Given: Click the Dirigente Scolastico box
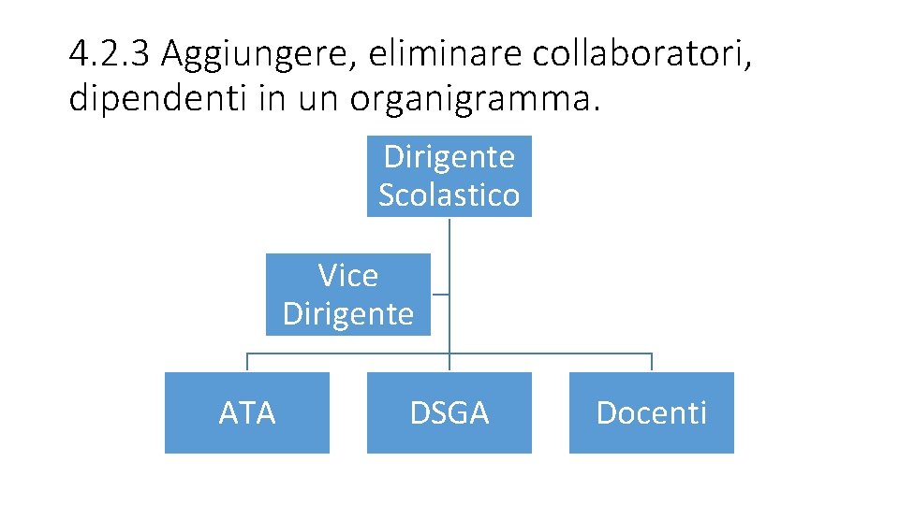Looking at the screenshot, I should tap(449, 176).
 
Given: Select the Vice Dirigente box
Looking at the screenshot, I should tap(347, 294).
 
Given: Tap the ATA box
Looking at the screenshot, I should tap(247, 412).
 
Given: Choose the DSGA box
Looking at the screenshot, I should tap(449, 412).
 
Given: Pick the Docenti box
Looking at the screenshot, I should tap(651, 412).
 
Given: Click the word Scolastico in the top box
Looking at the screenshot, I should tap(449, 195).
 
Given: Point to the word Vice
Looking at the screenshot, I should tap(347, 276).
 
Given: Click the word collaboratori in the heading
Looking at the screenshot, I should tap(641, 55).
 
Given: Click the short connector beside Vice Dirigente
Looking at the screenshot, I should tap(440, 295).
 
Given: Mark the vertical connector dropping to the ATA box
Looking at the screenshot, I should tap(247, 363).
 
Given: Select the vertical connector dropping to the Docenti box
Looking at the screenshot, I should tap(651, 363).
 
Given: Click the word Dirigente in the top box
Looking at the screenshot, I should tap(449, 156).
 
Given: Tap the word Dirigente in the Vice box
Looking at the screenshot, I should tap(347, 314).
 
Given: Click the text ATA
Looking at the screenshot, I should tap(247, 412).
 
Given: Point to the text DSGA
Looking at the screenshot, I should tap(449, 412).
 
